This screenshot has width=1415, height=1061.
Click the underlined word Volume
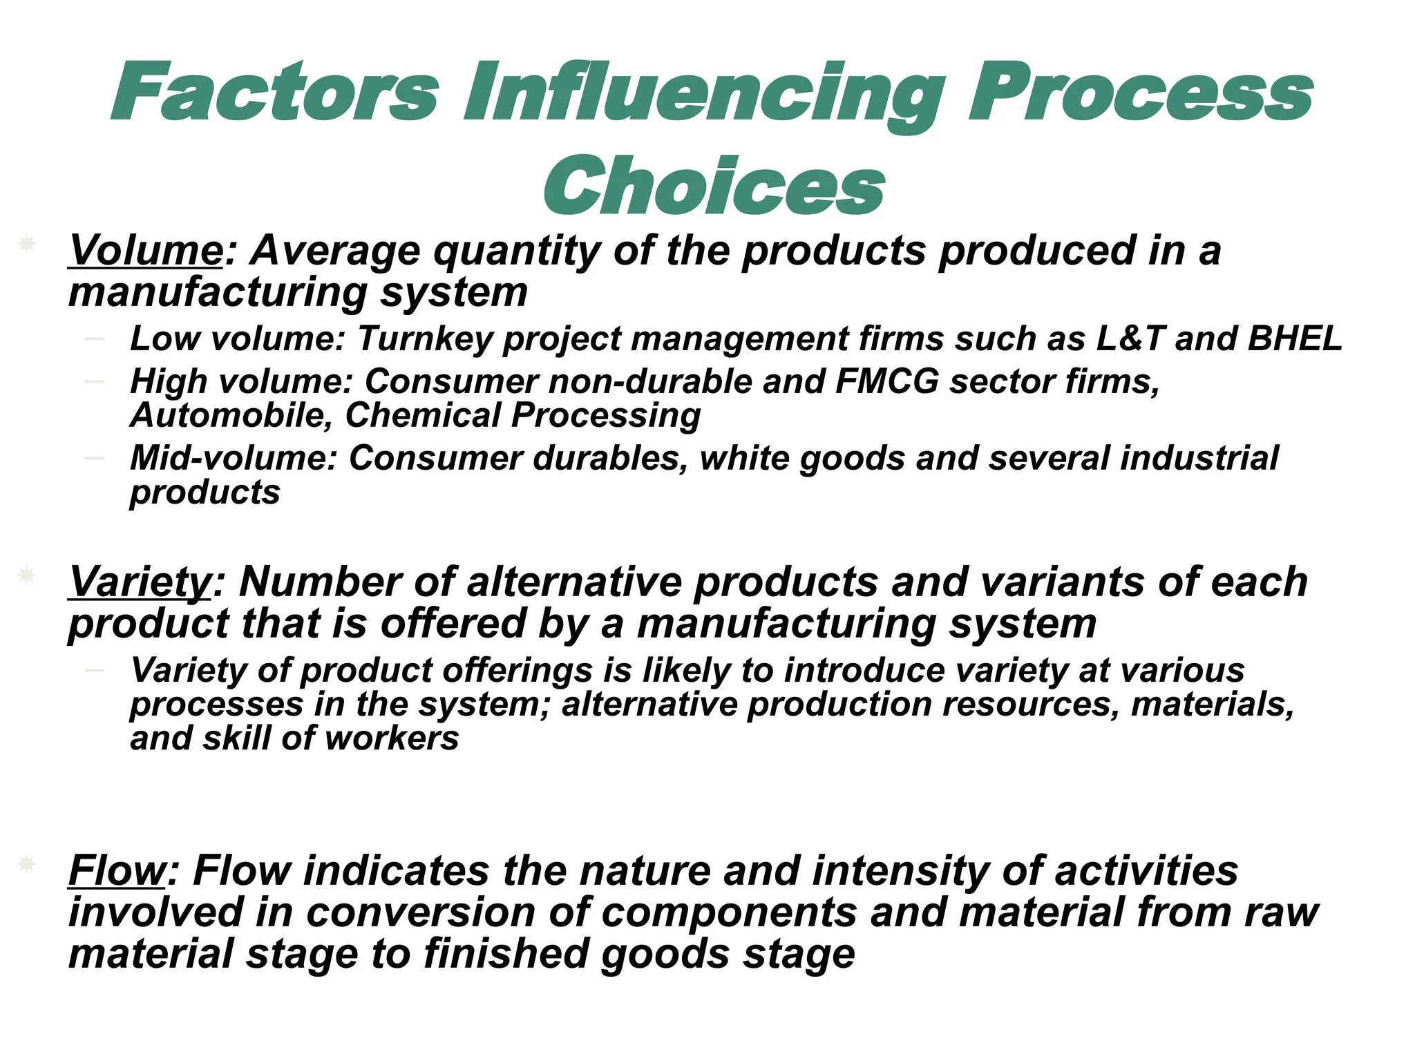click(x=146, y=250)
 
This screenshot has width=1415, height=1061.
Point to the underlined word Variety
click(x=140, y=582)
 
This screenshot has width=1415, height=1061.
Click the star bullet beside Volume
click(x=26, y=243)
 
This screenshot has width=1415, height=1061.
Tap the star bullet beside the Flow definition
click(x=26, y=863)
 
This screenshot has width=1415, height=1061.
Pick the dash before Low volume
click(x=94, y=338)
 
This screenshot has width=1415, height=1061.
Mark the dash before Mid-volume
click(x=94, y=458)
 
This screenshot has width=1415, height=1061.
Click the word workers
click(x=392, y=738)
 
